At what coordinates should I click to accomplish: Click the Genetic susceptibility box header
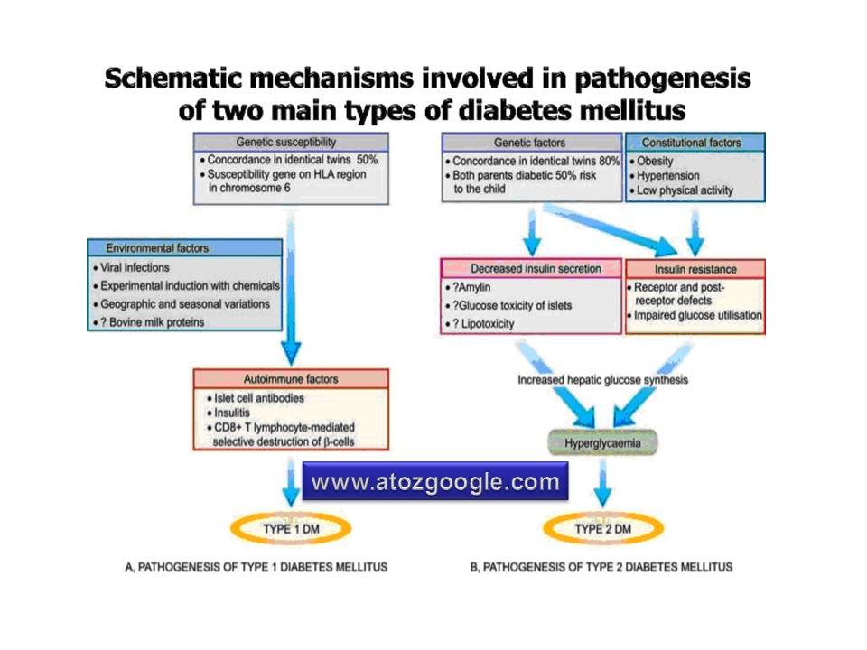point(291,143)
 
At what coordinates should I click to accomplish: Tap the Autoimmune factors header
point(291,379)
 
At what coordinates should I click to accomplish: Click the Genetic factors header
point(532,143)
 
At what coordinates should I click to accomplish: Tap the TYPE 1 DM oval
point(291,528)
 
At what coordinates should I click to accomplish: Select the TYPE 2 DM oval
point(602,528)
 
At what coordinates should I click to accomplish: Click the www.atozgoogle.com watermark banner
point(435,482)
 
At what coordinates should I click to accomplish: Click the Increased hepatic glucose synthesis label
point(602,380)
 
